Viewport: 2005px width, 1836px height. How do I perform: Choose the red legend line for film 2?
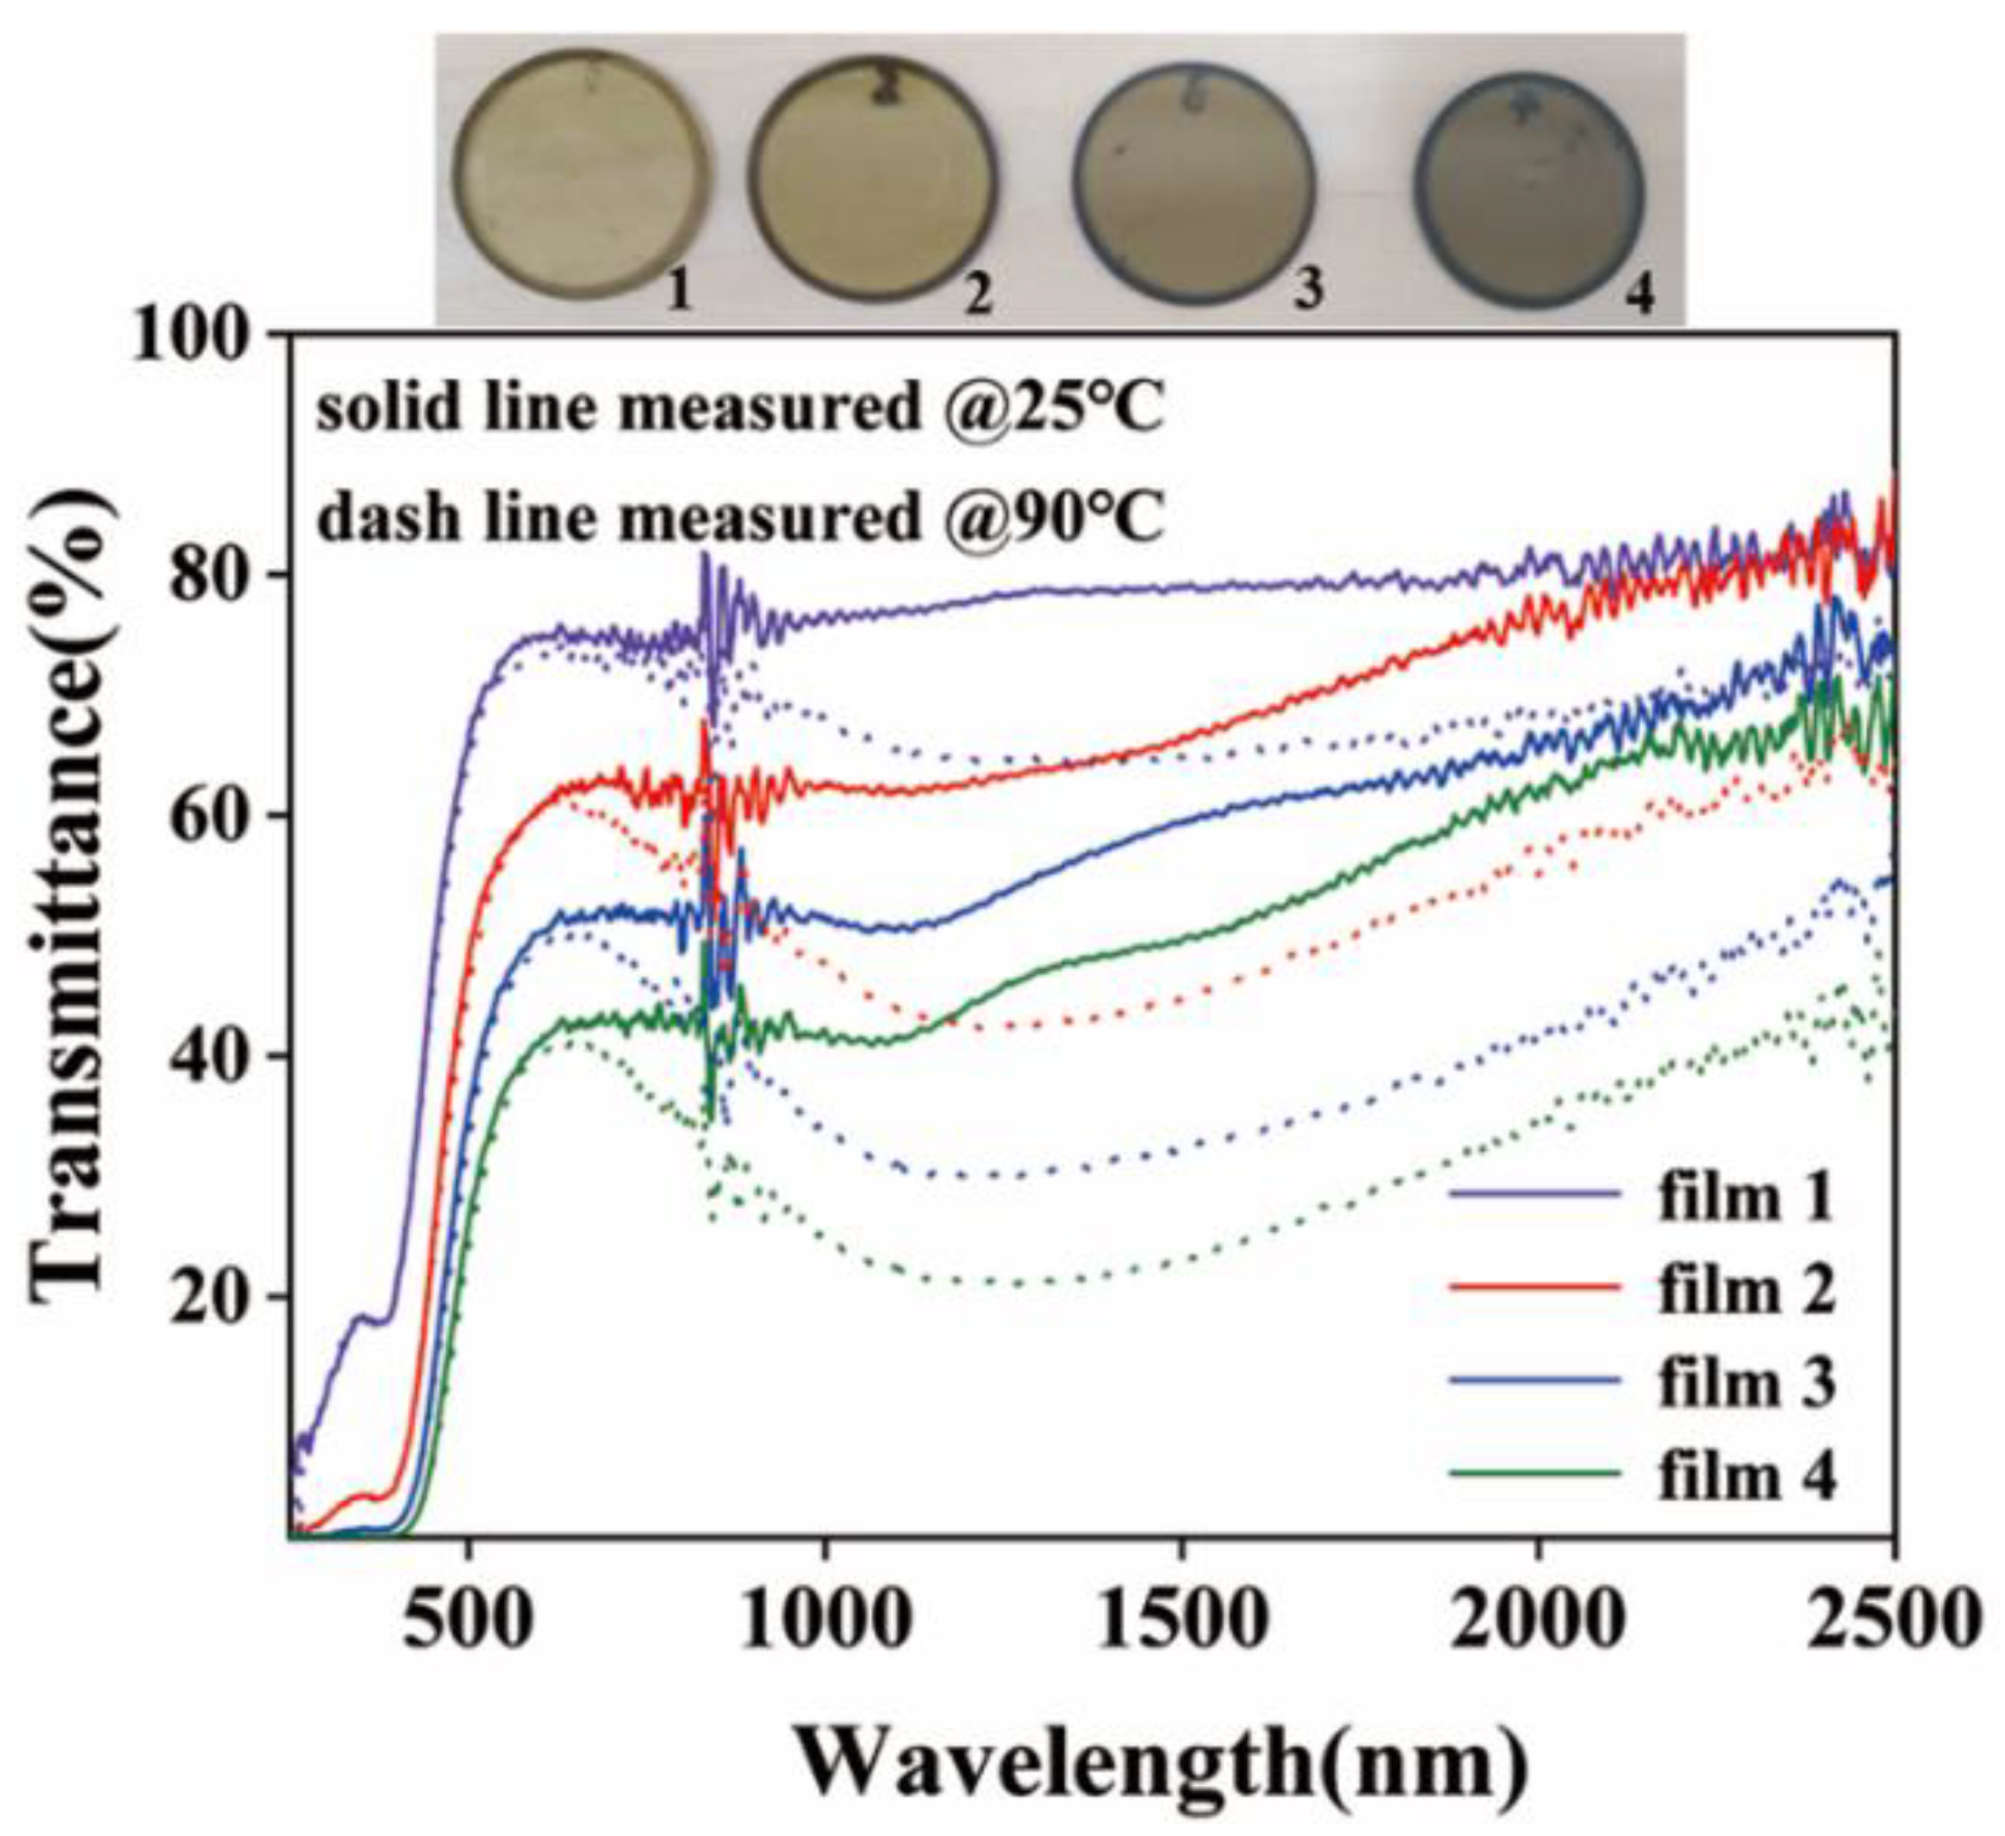[1536, 1286]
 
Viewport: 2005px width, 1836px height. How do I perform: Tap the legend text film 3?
[1746, 1383]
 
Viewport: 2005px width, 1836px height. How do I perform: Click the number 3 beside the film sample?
[1309, 290]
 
